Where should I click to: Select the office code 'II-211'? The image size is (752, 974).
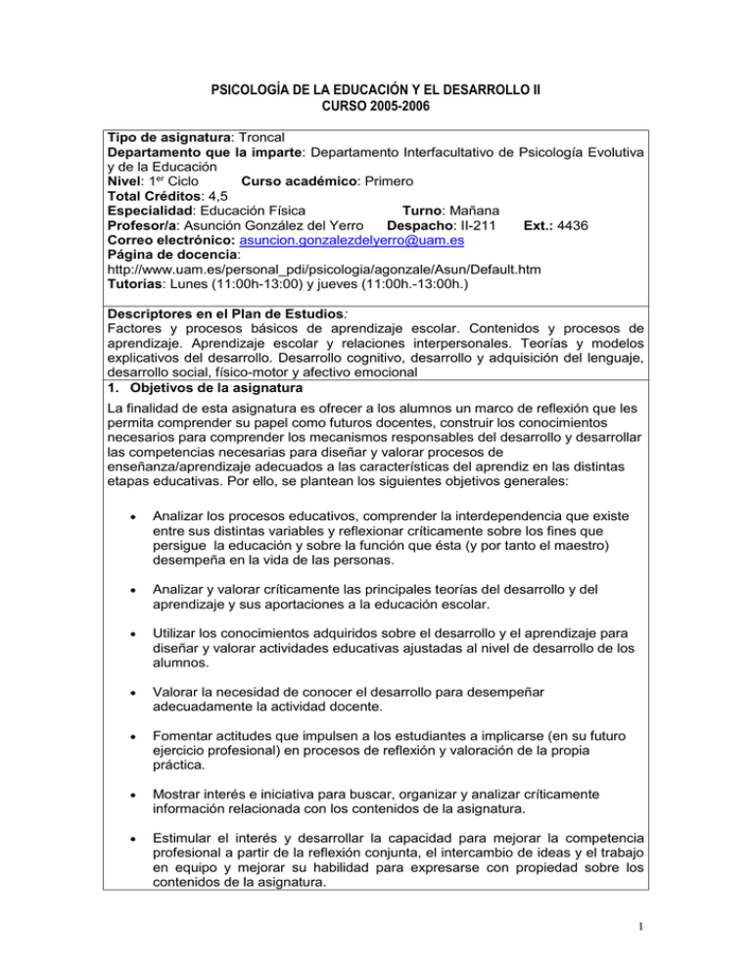[458, 224]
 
